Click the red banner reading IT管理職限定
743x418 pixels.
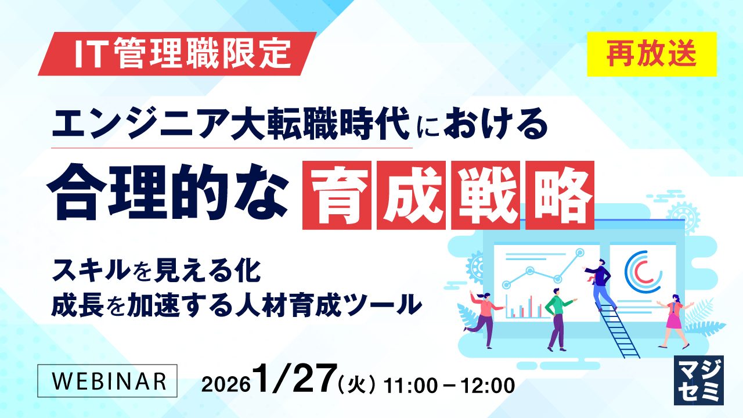pos(177,54)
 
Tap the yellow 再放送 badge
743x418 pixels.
pos(652,54)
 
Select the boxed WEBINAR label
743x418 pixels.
pos(107,381)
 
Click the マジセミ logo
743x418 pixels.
pos(699,380)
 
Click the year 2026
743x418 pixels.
pos(226,385)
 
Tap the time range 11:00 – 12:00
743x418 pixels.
pos(449,386)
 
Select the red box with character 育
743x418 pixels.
pos(337,196)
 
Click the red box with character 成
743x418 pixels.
pos(411,196)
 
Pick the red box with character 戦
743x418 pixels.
pos(485,196)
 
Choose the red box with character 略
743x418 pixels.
pos(560,196)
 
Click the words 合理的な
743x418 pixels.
pos(168,192)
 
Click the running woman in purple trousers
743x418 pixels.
pos(485,319)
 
